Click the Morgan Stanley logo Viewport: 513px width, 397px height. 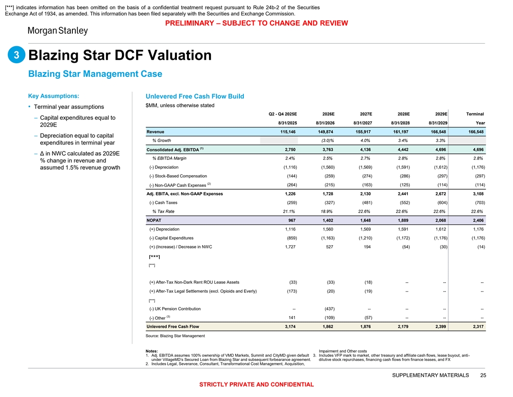[x=57, y=31]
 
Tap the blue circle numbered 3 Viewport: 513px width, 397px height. [x=16, y=55]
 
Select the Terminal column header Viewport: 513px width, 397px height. [x=475, y=114]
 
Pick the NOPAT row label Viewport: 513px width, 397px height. [x=154, y=220]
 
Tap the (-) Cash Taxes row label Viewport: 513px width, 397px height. [x=163, y=202]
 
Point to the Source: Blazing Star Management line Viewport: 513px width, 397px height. [x=175, y=336]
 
